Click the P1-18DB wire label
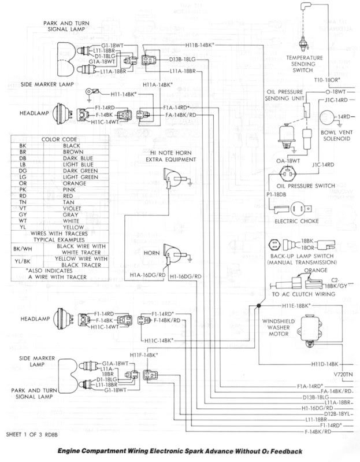coord(276,195)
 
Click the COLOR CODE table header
coord(57,139)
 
